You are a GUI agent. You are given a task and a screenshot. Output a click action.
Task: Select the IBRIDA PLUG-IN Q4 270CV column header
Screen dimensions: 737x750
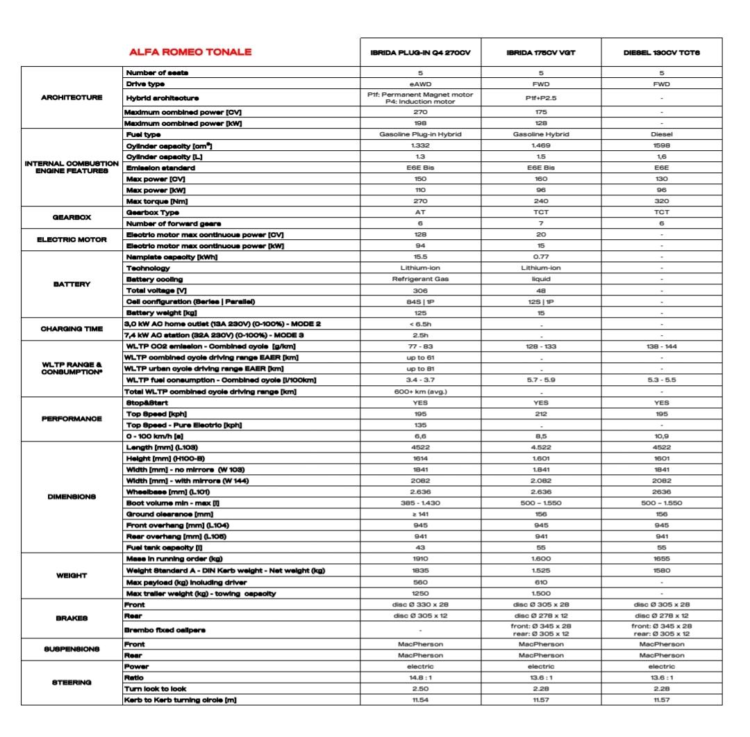tap(419, 53)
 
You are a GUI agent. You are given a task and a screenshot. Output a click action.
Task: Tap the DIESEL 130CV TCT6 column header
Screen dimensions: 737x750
tap(661, 53)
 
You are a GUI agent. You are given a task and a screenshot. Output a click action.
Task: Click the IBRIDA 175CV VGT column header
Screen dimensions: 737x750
tap(541, 53)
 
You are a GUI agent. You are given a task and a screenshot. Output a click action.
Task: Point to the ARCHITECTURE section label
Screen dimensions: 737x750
tap(72, 97)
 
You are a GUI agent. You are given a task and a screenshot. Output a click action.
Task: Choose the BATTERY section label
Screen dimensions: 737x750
tap(72, 284)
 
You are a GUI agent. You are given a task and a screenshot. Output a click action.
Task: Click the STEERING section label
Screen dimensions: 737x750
tap(72, 682)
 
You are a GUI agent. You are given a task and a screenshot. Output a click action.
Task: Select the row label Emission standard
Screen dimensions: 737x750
tap(160, 168)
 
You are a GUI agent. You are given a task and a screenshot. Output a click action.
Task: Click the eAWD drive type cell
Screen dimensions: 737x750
tap(419, 83)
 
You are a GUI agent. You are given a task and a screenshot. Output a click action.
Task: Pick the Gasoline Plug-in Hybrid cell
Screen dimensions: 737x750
tap(419, 134)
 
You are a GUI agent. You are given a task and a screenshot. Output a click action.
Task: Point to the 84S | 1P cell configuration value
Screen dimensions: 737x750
tap(419, 301)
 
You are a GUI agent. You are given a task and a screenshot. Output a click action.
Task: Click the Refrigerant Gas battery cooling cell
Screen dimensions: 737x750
tap(419, 279)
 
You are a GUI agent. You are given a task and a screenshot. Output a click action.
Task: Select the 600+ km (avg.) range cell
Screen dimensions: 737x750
tap(419, 391)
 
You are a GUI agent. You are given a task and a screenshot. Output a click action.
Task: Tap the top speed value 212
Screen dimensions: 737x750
tap(541, 414)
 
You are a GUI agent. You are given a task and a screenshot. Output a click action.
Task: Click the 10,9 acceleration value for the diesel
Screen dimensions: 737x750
tap(661, 436)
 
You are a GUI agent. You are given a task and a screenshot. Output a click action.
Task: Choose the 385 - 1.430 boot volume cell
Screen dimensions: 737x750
tap(419, 503)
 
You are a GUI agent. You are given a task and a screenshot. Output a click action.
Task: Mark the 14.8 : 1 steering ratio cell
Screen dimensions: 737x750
tap(419, 677)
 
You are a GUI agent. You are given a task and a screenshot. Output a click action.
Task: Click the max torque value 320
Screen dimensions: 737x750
tap(661, 201)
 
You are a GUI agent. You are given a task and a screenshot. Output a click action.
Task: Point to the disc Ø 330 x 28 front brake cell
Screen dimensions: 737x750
tap(419, 605)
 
